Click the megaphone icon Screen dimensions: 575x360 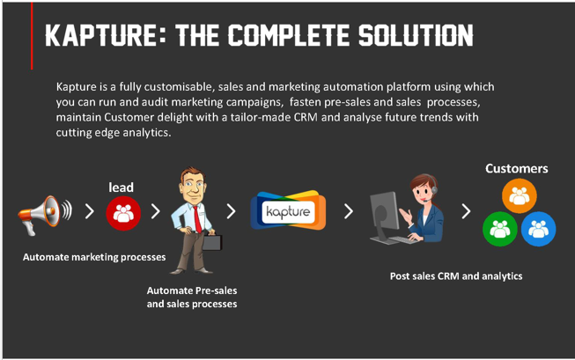click(x=45, y=215)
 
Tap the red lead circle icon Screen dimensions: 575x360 click(x=123, y=213)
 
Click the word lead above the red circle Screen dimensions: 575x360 click(x=121, y=187)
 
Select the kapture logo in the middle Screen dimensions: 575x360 click(x=288, y=210)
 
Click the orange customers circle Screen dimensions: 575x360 click(x=520, y=195)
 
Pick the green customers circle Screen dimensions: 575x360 click(x=500, y=229)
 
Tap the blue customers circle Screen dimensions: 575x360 click(x=538, y=229)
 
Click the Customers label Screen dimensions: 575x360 click(x=517, y=168)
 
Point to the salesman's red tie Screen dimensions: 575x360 click(x=197, y=219)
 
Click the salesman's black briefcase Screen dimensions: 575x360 click(x=212, y=242)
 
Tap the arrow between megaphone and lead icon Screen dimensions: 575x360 click(x=90, y=211)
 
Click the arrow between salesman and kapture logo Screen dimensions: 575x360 click(x=231, y=211)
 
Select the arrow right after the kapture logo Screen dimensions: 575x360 click(x=349, y=211)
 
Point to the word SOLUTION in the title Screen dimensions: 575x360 click(x=416, y=35)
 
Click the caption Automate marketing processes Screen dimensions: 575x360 click(x=94, y=257)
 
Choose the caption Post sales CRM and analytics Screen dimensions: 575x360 click(x=456, y=276)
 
